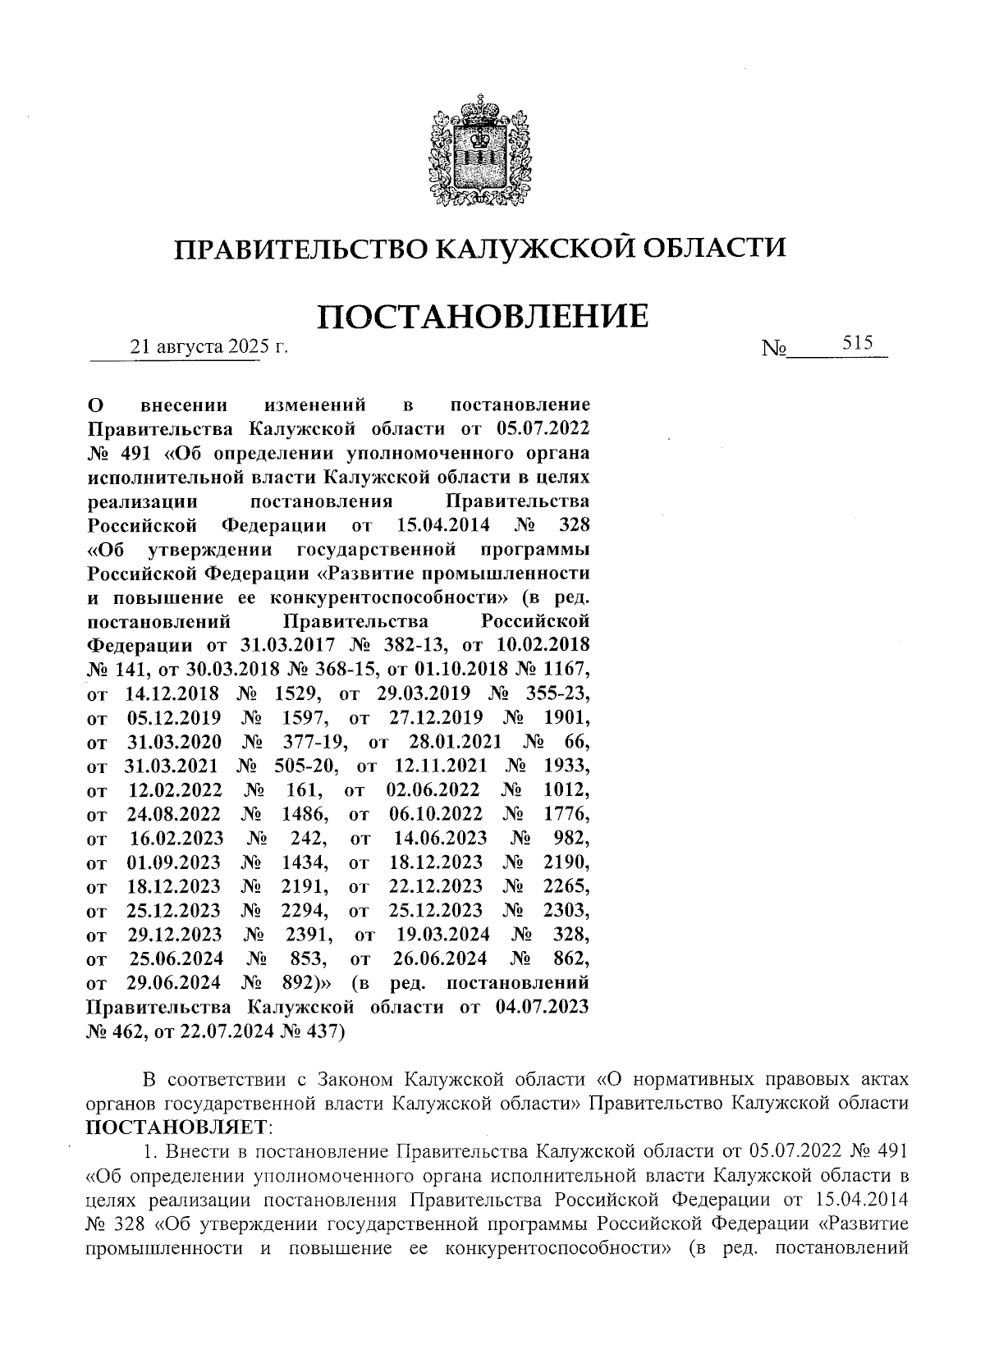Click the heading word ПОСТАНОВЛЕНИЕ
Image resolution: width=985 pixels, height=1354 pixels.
[482, 316]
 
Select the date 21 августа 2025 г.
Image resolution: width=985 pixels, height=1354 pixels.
[211, 348]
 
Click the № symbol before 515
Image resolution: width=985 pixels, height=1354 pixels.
[773, 350]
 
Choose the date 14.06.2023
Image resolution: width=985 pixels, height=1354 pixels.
[440, 838]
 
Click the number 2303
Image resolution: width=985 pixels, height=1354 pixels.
[566, 910]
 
